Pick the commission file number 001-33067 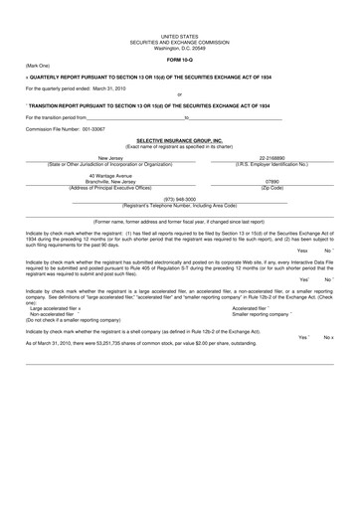(x=103, y=129)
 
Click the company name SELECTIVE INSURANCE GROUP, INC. (x=180, y=141)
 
